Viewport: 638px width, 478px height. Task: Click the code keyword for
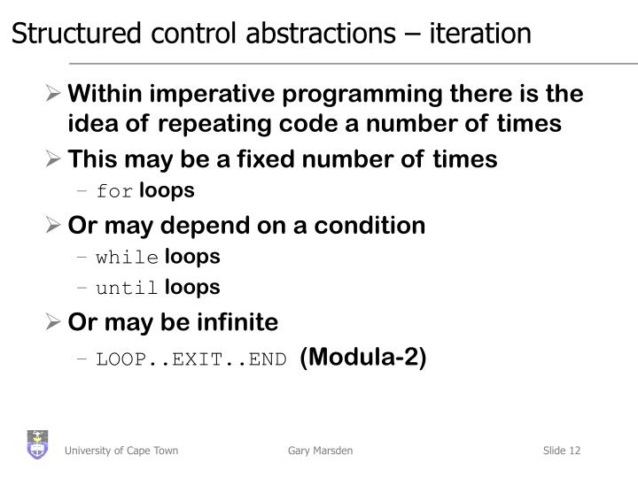[113, 192]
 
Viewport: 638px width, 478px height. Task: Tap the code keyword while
[128, 258]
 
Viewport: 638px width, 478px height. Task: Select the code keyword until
[128, 288]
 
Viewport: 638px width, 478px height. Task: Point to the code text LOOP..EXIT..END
[191, 359]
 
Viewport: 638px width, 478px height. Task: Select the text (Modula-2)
[363, 358]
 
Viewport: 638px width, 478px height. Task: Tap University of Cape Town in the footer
[121, 451]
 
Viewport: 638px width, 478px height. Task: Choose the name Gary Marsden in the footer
[320, 451]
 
